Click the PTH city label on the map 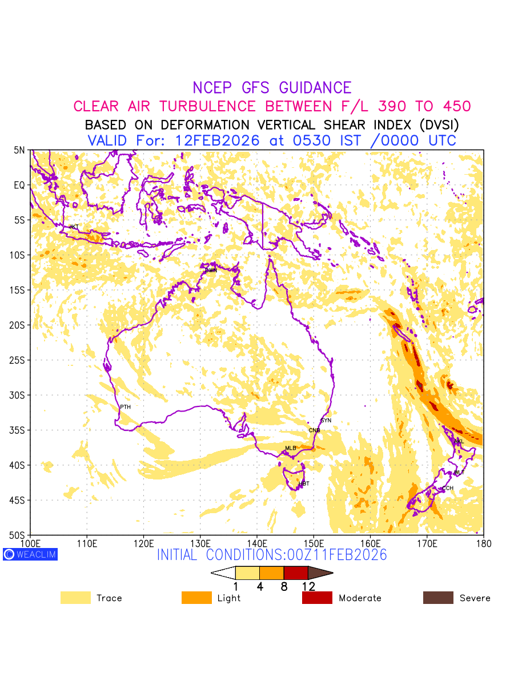click(x=125, y=407)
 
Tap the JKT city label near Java click(x=74, y=227)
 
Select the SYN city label click(x=326, y=421)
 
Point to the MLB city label click(x=291, y=448)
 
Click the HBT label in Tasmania click(x=304, y=484)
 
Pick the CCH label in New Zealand click(x=448, y=489)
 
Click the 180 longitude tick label click(x=483, y=542)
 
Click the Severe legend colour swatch click(x=438, y=598)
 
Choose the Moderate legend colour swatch click(x=317, y=598)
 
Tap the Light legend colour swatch click(x=196, y=598)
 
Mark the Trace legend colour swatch click(x=75, y=598)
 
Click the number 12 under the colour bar click(x=308, y=586)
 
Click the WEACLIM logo click(x=30, y=554)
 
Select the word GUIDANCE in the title click(x=315, y=88)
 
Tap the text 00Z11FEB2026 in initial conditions click(x=330, y=555)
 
